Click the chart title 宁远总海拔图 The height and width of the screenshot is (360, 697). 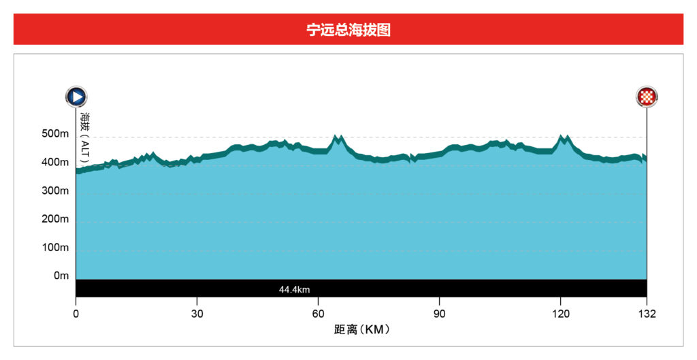tap(348, 30)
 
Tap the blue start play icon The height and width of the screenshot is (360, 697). tap(76, 97)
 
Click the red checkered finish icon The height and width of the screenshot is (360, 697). tap(646, 97)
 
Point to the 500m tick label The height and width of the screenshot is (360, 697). tap(55, 134)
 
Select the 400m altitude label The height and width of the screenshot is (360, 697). tap(55, 163)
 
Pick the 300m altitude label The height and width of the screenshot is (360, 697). tap(55, 191)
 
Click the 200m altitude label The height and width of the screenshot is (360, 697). tap(55, 220)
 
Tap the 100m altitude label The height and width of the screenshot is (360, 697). tap(55, 248)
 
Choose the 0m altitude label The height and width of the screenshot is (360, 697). tap(61, 276)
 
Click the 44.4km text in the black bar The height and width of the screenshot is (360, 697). tap(294, 289)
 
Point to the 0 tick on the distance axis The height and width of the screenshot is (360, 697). tap(76, 314)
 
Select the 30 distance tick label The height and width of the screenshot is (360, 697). tap(197, 314)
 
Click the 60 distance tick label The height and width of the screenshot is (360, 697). tap(318, 314)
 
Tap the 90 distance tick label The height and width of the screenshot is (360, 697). tap(439, 314)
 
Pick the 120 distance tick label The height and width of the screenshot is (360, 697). tap(560, 314)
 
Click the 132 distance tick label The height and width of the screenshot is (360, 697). tap(646, 314)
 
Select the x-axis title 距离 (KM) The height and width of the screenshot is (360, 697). tap(361, 330)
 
